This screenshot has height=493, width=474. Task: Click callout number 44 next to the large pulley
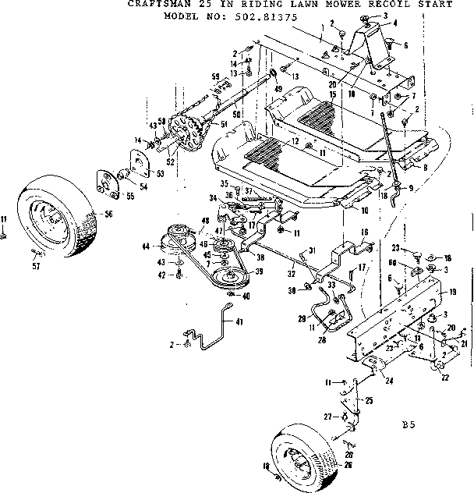(x=145, y=247)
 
